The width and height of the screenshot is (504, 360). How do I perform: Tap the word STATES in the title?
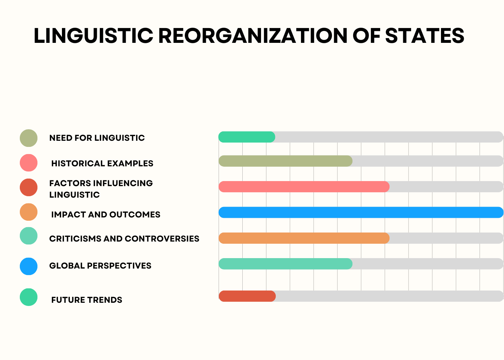pos(425,36)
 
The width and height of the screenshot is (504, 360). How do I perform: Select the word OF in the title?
pos(366,36)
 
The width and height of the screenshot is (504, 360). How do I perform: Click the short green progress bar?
pos(247,137)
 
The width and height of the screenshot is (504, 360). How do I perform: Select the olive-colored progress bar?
pos(285,161)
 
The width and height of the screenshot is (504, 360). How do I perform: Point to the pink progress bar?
pos(304,187)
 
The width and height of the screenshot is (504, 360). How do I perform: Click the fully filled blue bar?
pos(361,212)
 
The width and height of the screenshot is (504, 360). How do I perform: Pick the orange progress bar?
pos(304,238)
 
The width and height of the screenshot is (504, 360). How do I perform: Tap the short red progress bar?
pos(247,296)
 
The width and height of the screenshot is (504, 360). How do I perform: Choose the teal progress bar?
pos(285,264)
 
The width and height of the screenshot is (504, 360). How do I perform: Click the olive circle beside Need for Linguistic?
pos(28,138)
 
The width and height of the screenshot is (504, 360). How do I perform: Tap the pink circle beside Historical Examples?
pos(28,163)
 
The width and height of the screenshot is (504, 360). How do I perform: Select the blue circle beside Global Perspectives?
pos(28,266)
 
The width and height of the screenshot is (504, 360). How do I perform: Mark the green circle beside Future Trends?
pos(28,297)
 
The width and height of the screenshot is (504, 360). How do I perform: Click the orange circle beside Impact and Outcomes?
pos(28,212)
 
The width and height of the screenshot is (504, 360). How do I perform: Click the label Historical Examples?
pos(102,163)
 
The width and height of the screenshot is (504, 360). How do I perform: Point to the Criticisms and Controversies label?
pos(124,238)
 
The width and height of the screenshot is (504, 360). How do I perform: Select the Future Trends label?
pos(87,300)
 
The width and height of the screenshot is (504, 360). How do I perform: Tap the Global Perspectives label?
pos(100,266)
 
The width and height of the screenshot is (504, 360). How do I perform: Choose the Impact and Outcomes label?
pos(106,215)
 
